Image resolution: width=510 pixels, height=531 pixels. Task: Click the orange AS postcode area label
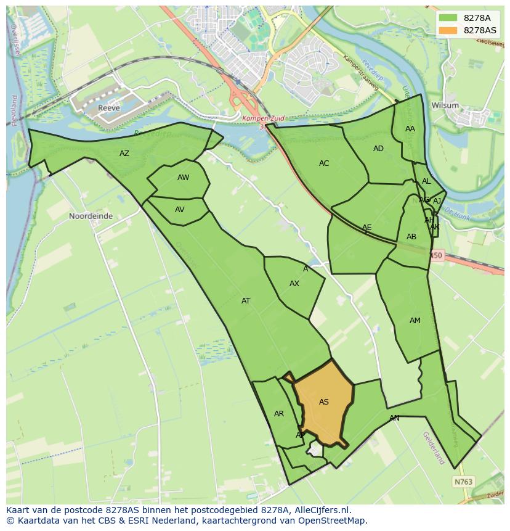pos(324,402)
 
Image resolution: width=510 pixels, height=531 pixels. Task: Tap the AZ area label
pos(124,154)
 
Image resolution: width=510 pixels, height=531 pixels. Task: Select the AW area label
pos(183,178)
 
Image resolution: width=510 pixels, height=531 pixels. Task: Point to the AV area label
pos(179,210)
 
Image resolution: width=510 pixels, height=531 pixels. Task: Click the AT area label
pos(246,301)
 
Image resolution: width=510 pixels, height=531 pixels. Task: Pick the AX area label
pos(294,284)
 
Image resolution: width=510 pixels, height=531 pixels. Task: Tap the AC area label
pos(324,163)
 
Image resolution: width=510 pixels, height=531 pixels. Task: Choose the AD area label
pos(378,149)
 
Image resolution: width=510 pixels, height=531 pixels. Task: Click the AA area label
pos(410,129)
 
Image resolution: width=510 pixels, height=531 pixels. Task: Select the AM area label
pos(415,320)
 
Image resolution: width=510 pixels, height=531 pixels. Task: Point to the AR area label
pos(279,414)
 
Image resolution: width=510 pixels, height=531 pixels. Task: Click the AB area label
pos(411,237)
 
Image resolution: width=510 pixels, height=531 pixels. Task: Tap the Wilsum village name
pos(445,105)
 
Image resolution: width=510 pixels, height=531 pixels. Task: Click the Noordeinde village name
pos(91,216)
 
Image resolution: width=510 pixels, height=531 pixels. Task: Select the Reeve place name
pos(108,109)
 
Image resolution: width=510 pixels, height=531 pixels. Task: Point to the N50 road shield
pos(436,255)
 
